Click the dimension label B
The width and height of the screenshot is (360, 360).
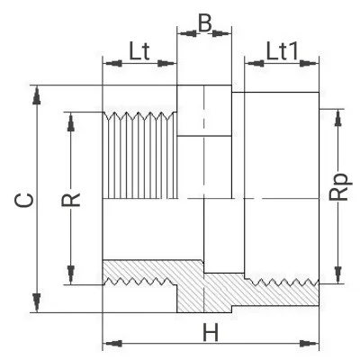point(205,23)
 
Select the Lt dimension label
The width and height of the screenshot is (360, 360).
point(139,51)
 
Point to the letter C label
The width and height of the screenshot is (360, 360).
point(24,200)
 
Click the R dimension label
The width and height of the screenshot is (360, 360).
point(71,200)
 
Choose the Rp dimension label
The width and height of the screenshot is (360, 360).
point(339,186)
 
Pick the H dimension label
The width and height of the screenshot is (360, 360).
point(211,332)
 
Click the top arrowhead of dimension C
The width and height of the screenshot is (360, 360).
point(36,95)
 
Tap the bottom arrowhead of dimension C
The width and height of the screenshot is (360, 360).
point(36,302)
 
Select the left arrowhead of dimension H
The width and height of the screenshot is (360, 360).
point(112,343)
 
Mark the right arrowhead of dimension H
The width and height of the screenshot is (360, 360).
point(310,343)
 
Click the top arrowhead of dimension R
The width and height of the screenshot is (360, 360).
point(71,121)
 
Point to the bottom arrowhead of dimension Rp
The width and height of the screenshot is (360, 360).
point(338,274)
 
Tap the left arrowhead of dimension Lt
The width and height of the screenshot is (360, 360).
point(112,63)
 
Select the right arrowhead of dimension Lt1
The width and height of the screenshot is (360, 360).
point(310,63)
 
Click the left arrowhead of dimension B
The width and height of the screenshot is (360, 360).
point(187,33)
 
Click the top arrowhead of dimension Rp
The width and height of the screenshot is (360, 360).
point(338,119)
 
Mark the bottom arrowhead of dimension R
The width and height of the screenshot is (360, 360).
point(71,274)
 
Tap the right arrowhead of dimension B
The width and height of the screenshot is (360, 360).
point(222,33)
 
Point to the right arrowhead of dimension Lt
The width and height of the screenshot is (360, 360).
point(166,63)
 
